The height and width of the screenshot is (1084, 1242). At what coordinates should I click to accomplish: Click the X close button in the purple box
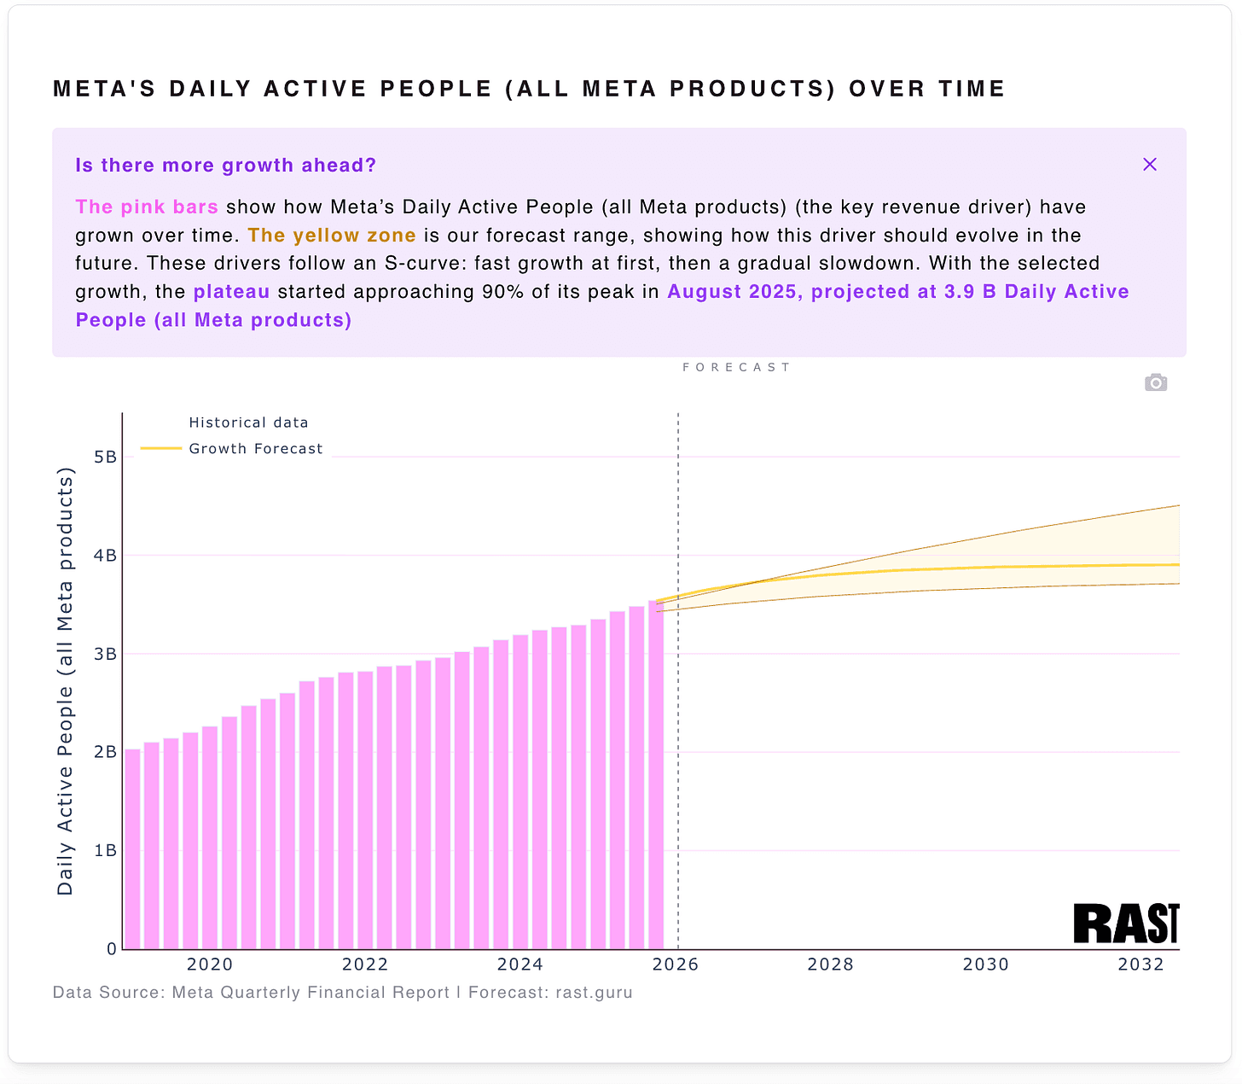1149,165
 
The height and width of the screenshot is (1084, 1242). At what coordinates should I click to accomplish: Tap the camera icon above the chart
1155,382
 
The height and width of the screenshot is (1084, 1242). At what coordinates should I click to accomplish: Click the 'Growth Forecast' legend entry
255,449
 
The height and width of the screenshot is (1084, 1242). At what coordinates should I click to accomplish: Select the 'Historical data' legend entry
248,423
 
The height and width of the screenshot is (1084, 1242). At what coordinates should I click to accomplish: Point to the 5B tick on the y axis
105,457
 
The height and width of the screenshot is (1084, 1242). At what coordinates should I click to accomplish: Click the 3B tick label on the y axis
105,655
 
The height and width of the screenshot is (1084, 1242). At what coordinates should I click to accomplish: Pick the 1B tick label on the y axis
105,851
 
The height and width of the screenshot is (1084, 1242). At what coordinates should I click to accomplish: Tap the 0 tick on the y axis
112,949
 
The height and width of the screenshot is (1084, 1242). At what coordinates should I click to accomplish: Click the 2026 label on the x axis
675,965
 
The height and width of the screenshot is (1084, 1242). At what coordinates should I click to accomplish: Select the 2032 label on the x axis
1140,965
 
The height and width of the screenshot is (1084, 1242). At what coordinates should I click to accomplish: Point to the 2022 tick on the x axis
365,965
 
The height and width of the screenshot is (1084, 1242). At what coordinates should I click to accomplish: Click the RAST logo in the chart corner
1125,924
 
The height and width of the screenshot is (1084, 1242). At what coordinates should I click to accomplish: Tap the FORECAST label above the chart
737,368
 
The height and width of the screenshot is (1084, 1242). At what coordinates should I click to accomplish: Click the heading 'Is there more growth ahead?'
225,166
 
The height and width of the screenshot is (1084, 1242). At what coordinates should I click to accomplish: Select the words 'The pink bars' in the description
147,207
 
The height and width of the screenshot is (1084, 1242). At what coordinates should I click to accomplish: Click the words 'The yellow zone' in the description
332,236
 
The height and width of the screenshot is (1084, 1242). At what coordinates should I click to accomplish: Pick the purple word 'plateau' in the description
231,292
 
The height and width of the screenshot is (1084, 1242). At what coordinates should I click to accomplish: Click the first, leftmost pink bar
132,849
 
